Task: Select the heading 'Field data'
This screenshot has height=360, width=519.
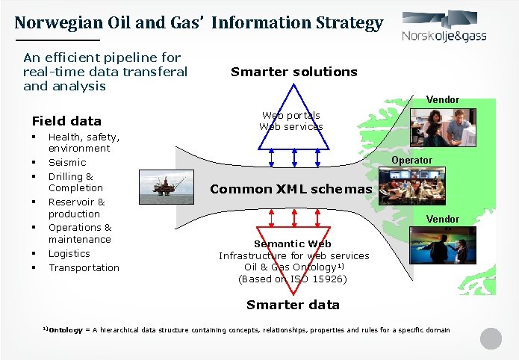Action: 66,121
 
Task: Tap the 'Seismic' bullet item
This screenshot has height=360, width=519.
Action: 67,162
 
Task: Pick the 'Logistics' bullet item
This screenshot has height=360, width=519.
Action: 69,253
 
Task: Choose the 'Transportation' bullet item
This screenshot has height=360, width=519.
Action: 84,267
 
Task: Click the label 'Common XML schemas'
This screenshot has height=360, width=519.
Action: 290,189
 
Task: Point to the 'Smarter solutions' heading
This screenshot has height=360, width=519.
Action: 293,72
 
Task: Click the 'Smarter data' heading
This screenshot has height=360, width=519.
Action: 293,304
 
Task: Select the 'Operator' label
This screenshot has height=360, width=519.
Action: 411,160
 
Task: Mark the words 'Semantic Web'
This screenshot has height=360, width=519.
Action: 292,243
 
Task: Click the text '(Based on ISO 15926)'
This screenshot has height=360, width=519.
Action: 292,279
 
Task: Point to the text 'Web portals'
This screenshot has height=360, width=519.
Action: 291,115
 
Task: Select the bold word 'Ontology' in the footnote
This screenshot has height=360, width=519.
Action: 66,329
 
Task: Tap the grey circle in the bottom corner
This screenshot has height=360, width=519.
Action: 491,338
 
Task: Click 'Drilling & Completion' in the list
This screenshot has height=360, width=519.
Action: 75,181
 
